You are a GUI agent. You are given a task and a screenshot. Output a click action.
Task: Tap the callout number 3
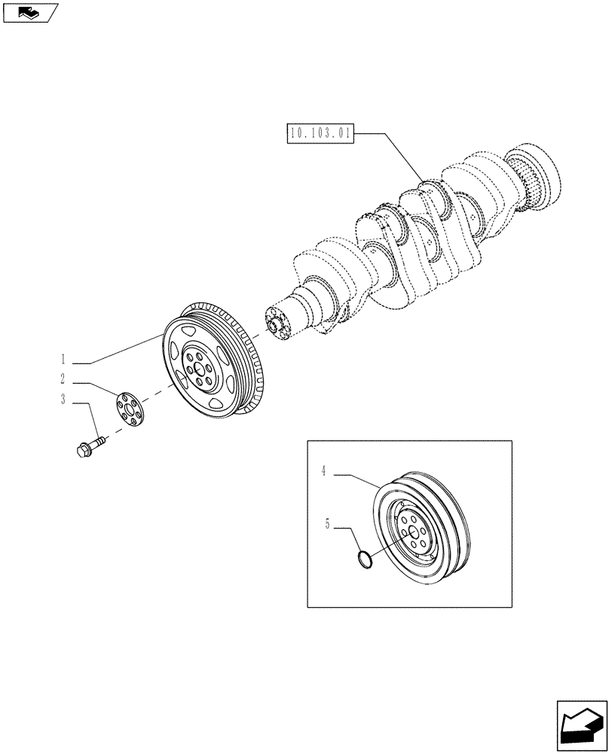(64, 400)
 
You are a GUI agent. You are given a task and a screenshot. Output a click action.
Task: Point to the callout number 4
(323, 473)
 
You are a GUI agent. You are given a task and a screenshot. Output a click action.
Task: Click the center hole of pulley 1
(197, 369)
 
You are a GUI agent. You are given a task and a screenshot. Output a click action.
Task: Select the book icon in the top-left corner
(29, 12)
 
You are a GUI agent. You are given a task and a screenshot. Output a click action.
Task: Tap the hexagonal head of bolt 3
(83, 449)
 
